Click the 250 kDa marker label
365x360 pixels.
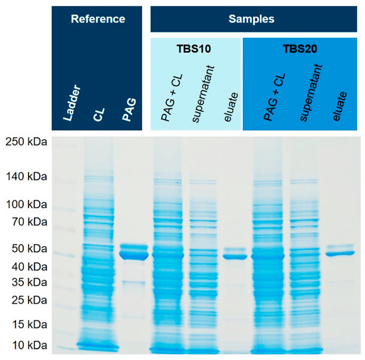[27, 141]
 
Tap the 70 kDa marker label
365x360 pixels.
[29, 221]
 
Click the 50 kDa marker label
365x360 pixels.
[29, 249]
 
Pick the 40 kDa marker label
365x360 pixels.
[29, 267]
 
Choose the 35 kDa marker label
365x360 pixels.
[29, 282]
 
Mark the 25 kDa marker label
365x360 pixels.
[29, 300]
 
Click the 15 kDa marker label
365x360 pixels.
[29, 325]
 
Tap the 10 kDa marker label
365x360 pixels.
[29, 345]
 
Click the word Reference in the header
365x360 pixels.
[98, 19]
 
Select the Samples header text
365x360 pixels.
[253, 19]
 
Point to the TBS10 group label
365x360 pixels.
[196, 49]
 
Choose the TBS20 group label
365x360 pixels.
[298, 49]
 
